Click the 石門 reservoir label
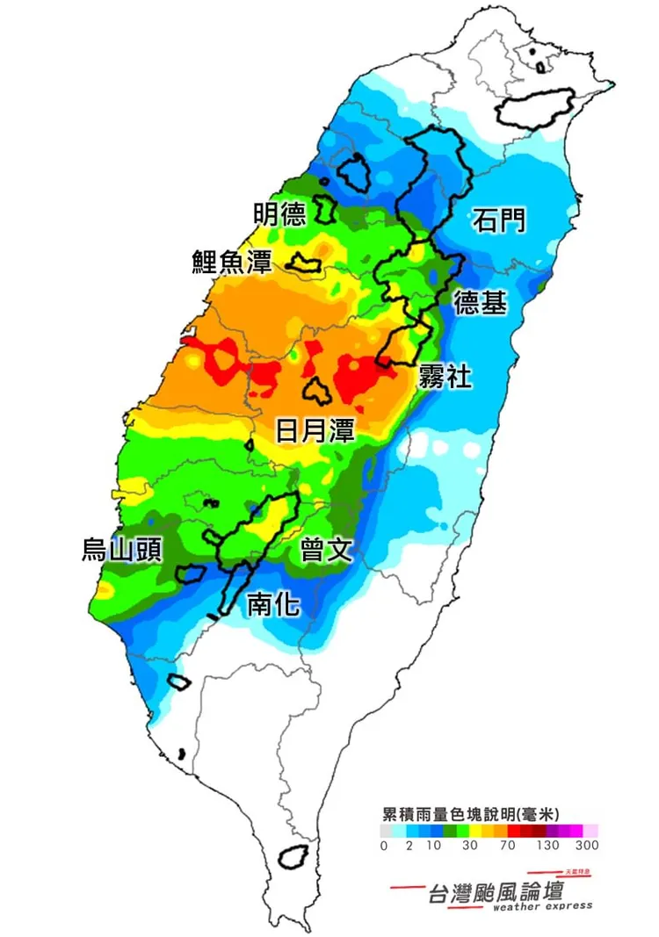(499, 220)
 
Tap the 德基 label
(480, 304)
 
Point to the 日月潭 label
(315, 430)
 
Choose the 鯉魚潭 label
(233, 262)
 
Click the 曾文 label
(326, 551)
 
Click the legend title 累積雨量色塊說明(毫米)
(472, 813)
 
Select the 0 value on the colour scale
(384, 847)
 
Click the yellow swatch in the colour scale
(475, 830)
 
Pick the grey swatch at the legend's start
(387, 830)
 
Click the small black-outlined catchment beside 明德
(325, 209)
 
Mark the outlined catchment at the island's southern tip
(292, 856)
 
